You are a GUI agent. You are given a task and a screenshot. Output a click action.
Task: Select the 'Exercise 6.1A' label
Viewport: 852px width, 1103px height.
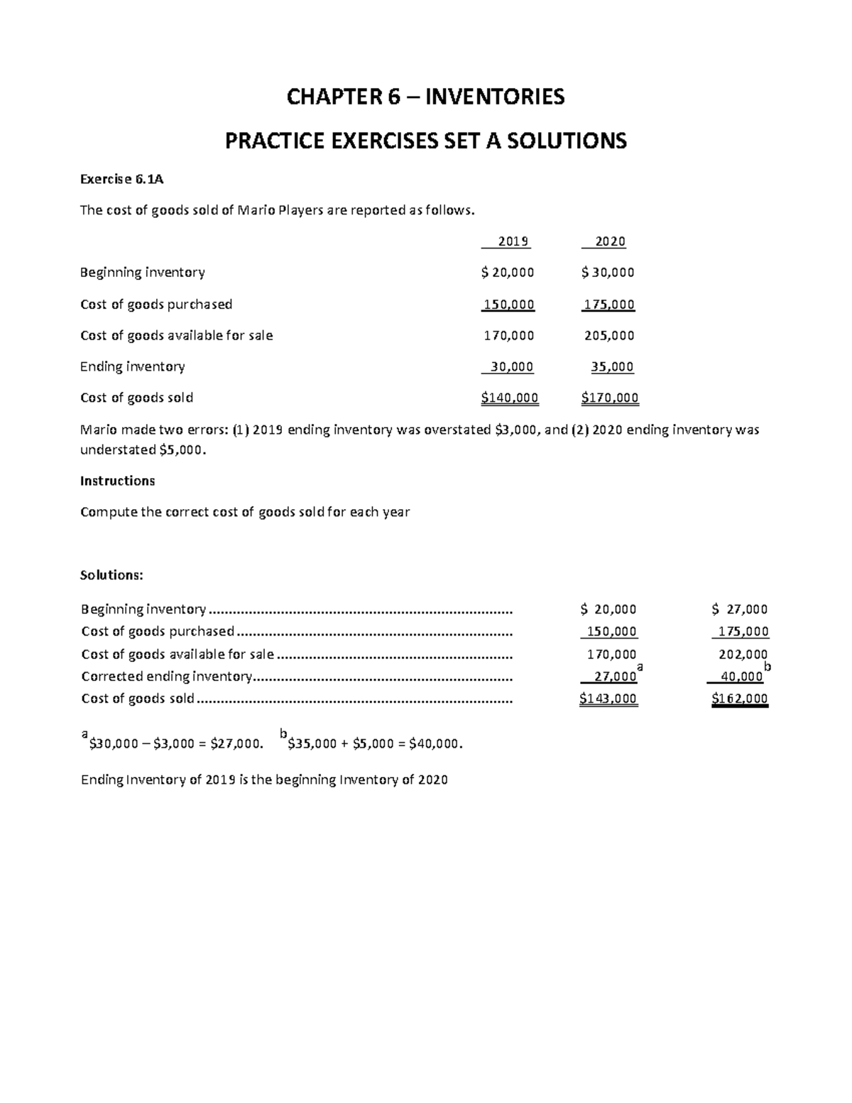click(x=121, y=179)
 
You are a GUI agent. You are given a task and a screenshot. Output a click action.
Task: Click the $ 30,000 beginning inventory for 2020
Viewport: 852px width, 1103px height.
click(x=608, y=273)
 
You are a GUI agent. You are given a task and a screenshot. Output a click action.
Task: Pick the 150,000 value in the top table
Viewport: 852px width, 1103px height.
click(x=508, y=305)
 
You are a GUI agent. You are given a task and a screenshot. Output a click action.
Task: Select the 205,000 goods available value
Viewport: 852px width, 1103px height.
click(x=609, y=335)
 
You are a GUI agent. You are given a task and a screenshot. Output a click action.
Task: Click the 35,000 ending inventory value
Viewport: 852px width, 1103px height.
click(x=612, y=367)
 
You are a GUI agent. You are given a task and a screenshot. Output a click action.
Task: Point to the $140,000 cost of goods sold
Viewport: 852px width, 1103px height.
click(x=509, y=398)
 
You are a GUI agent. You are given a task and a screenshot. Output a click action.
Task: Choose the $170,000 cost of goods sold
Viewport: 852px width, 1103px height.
click(x=610, y=398)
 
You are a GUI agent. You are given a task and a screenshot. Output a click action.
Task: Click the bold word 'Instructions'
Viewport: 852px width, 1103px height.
click(x=117, y=481)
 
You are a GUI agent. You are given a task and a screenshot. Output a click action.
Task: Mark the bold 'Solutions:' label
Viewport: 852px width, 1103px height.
click(x=111, y=575)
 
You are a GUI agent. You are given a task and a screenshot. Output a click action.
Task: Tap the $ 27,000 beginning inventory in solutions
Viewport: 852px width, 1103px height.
click(x=739, y=609)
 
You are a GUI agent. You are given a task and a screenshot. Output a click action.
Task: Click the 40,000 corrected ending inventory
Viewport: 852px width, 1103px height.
click(x=741, y=677)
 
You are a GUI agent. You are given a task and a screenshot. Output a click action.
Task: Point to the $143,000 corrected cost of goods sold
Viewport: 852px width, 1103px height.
click(x=608, y=699)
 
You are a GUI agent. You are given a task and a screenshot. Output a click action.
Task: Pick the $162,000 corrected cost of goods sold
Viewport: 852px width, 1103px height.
click(x=739, y=699)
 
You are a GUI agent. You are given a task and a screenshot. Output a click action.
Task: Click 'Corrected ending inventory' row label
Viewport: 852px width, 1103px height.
click(x=166, y=677)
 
